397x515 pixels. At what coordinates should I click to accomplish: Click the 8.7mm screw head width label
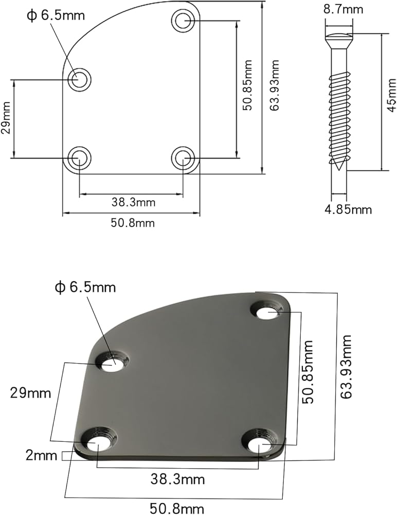click(x=343, y=9)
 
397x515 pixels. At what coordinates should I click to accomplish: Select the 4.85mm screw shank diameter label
click(x=348, y=209)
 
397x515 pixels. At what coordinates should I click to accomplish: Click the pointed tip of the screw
click(x=339, y=170)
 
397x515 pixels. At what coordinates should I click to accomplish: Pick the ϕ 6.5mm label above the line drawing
click(x=55, y=15)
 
